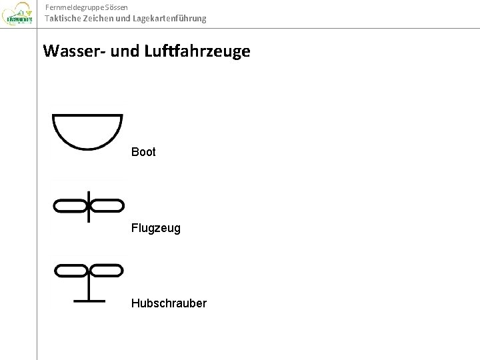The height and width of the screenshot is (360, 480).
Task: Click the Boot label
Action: [143, 152]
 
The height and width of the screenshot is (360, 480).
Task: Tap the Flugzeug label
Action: [155, 228]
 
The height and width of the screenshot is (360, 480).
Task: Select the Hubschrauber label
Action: [169, 303]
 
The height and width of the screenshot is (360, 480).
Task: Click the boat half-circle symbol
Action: [87, 131]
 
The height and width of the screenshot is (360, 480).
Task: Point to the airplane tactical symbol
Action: [89, 206]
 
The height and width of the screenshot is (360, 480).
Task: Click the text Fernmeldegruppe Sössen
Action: [83, 7]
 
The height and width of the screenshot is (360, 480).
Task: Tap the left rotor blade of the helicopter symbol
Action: [71, 270]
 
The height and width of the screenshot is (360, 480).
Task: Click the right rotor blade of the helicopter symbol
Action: [106, 270]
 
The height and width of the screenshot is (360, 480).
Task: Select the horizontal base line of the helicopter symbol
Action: [89, 301]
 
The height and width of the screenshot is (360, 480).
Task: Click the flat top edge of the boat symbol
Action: [87, 117]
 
